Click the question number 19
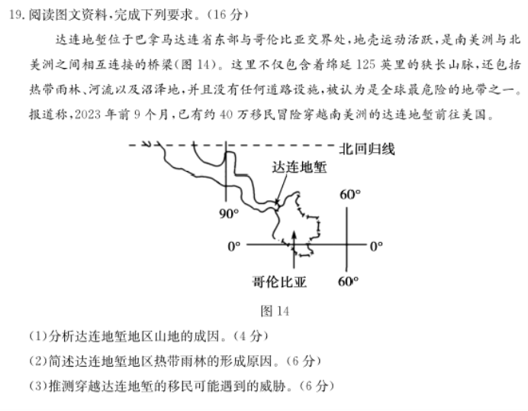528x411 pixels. pos(15,15)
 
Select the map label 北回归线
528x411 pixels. pos(367,149)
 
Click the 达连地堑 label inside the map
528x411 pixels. pos(299,167)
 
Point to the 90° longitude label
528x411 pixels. pos(229,214)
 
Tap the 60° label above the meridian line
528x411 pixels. pos(350,195)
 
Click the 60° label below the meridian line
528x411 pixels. pos(348,281)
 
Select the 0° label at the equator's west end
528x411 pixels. pos(234,247)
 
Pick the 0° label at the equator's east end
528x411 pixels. pos(376,247)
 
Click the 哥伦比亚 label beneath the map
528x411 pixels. pos(279,282)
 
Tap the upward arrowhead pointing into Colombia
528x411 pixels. pos(294,235)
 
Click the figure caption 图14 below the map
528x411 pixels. pos(275,311)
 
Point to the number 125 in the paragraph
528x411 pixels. pos(365,64)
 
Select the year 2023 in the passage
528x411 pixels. pos(88,115)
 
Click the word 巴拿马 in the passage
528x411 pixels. pos(153,40)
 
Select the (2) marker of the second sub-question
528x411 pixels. pos(38,361)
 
